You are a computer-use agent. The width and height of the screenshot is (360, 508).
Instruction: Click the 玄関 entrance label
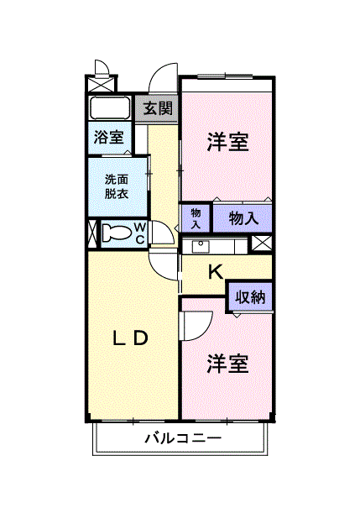click(157, 108)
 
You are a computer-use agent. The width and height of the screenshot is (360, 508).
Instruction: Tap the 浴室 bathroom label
click(108, 137)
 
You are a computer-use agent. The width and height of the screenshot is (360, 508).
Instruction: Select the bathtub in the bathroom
click(108, 109)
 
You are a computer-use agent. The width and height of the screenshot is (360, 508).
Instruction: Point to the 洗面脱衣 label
click(117, 186)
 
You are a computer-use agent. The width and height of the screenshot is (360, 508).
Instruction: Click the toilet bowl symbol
click(118, 233)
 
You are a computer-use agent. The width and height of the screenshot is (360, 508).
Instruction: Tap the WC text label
click(140, 233)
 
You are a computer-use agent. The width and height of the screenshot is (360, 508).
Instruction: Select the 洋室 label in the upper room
click(227, 142)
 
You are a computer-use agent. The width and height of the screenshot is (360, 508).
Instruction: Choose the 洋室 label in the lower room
click(227, 364)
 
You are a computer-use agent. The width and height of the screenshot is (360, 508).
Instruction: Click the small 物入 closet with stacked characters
click(196, 218)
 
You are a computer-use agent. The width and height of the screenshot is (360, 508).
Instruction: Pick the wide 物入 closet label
click(243, 218)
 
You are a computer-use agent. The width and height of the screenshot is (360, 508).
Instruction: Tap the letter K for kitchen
click(215, 271)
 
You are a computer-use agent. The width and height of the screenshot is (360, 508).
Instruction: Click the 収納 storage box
click(250, 296)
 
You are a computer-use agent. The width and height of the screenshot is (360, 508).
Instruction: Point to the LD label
click(131, 338)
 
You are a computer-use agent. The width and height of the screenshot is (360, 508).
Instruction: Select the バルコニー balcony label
click(182, 437)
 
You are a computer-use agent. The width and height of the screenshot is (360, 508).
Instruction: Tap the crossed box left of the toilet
click(92, 233)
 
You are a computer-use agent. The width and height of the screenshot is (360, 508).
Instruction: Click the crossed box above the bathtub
click(102, 84)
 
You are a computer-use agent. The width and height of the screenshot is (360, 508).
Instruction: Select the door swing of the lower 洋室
click(195, 323)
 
